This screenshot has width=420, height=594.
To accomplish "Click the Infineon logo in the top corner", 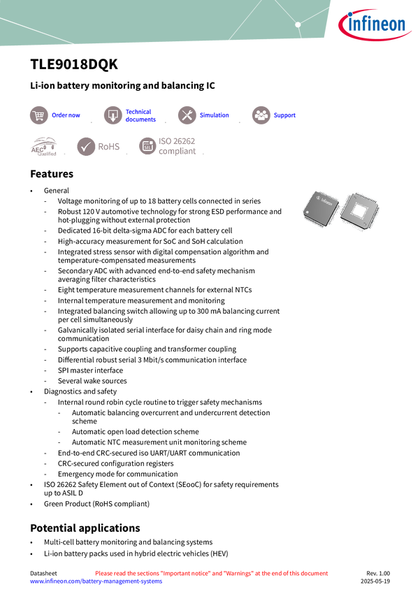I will (376, 25).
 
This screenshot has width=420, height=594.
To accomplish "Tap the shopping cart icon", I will (38, 115).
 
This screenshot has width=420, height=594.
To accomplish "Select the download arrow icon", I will (113, 115).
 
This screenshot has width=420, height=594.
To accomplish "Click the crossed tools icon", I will (187, 115).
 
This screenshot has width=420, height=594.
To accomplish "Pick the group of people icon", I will (261, 115).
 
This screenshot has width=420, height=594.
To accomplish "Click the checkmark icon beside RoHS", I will (86, 147).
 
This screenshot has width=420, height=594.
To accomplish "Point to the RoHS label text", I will (109, 147).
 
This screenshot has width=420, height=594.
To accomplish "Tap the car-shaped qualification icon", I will (43, 147).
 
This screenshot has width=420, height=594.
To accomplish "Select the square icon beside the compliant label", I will (147, 146).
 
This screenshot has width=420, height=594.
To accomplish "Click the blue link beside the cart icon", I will (66, 115).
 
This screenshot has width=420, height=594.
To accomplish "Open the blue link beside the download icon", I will (140, 115).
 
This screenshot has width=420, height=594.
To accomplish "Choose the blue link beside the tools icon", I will (214, 115).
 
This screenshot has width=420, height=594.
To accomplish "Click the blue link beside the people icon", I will (285, 115).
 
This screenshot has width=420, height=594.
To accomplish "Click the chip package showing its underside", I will (362, 209).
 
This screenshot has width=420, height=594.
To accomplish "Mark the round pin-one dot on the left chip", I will (309, 212).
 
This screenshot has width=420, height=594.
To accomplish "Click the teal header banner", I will (161, 21).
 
